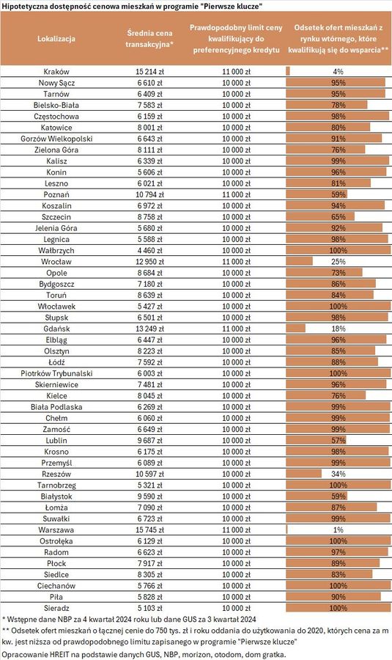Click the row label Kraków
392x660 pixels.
56,72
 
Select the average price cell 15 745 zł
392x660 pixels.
149,530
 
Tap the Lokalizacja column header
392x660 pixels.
56,39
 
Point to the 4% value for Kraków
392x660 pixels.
339,72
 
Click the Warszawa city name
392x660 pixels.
56,530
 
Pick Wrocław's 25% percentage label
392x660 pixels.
339,262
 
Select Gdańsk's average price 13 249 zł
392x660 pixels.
149,329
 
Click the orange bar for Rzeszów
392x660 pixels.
303,474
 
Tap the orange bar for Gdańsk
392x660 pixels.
296,329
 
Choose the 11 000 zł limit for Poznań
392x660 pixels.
236,194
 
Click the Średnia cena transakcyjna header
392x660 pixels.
149,38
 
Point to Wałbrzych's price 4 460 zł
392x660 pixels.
149,251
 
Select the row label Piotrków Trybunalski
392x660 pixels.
56,373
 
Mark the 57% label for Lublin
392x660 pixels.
339,440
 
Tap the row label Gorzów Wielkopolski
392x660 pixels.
56,139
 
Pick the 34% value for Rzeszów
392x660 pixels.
339,474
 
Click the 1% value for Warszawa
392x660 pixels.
339,530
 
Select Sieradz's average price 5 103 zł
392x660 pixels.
149,608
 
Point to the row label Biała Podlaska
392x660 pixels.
56,407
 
